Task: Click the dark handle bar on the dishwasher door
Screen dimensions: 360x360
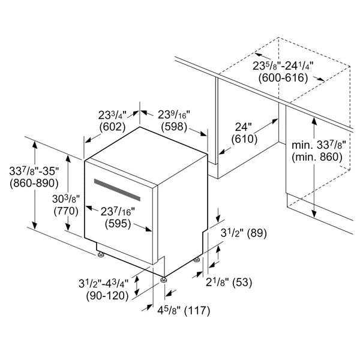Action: point(117,190)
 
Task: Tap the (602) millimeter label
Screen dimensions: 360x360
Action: point(113,127)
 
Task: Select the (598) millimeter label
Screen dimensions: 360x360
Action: point(174,127)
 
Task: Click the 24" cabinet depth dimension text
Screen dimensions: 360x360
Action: point(244,127)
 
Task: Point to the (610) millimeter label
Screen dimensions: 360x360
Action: point(245,139)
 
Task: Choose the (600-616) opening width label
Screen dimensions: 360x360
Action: point(283,78)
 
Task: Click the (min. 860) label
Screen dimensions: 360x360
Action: point(317,157)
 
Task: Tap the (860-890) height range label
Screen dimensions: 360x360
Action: point(34,183)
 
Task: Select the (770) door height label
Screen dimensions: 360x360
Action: point(66,211)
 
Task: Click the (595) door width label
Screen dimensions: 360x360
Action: point(118,224)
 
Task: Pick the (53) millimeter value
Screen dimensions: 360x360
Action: point(242,282)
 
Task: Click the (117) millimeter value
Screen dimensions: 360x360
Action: point(197,311)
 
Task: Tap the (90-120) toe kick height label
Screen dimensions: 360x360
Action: point(107,296)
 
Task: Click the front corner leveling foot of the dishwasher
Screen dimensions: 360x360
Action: point(163,280)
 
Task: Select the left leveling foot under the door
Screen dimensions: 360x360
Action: point(101,254)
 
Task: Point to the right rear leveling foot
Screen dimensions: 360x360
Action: point(197,260)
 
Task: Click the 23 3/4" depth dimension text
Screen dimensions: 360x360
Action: point(113,115)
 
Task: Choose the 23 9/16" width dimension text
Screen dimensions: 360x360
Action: point(174,115)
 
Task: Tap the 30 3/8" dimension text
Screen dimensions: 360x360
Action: point(66,199)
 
